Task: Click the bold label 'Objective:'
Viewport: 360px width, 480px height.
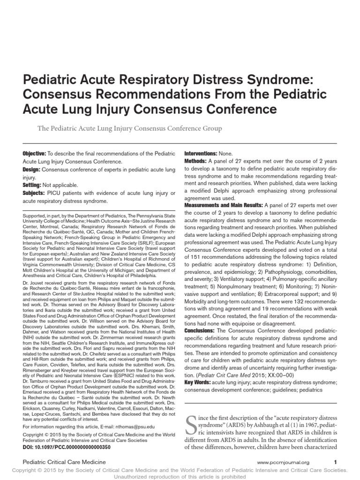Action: (x=34, y=154)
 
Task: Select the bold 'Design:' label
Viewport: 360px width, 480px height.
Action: (x=32, y=170)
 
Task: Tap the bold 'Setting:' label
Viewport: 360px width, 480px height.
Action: (x=33, y=185)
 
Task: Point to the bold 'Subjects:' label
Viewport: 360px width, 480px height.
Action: (x=34, y=193)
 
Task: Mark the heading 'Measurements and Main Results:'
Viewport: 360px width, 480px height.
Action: (x=224, y=205)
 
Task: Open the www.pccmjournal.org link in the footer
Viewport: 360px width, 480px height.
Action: (x=283, y=463)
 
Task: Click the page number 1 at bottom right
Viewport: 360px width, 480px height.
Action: (x=335, y=462)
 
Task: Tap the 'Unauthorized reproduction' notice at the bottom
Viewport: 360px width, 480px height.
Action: (x=180, y=476)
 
